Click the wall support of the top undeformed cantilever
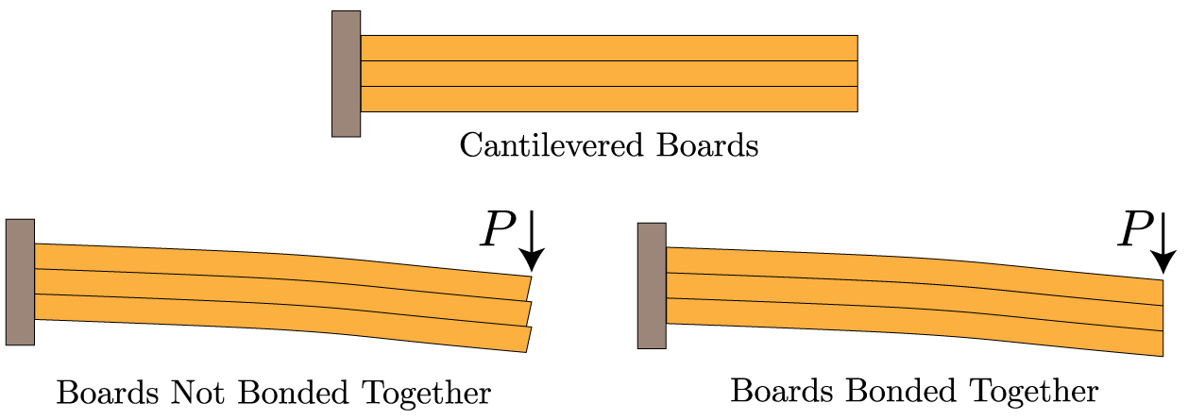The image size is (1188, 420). [346, 74]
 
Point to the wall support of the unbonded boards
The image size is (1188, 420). [20, 281]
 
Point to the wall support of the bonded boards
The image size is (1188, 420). [652, 285]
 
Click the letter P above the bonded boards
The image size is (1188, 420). [1134, 230]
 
